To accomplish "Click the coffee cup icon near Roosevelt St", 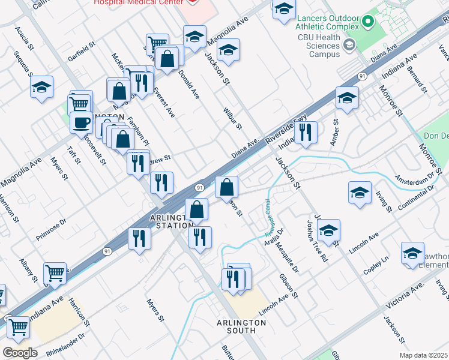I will (x=81, y=122).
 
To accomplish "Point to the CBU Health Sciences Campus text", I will (x=324, y=46).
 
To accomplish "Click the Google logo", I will (x=20, y=352).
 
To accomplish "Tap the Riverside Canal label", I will (x=269, y=217).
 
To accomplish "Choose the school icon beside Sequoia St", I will (x=42, y=88).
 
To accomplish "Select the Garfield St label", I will (x=82, y=52).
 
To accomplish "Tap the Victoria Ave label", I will (x=406, y=297).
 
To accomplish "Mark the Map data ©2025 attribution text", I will (x=424, y=355).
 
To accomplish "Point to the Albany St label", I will (x=27, y=270).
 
